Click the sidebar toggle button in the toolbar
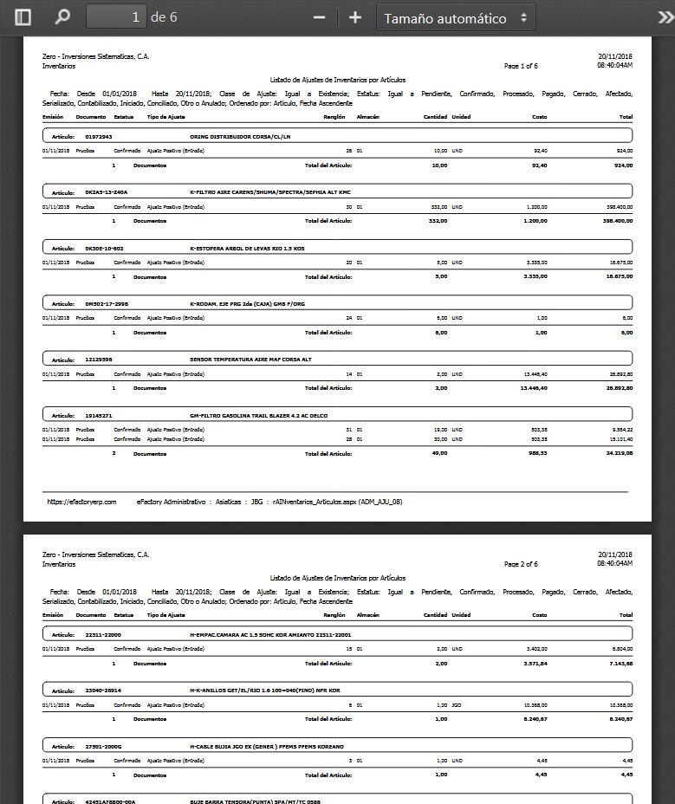(x=23, y=17)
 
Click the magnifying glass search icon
(x=62, y=17)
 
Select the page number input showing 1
(x=116, y=17)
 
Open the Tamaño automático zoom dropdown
(x=456, y=17)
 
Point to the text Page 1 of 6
(x=521, y=66)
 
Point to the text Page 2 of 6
(x=521, y=564)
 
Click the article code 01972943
(x=99, y=137)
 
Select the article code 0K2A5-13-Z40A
(x=107, y=192)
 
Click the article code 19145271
(x=99, y=416)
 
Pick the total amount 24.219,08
(x=619, y=453)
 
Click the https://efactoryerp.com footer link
(x=81, y=502)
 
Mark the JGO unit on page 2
(x=457, y=706)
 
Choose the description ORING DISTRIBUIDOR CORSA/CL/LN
(x=240, y=137)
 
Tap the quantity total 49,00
(x=439, y=453)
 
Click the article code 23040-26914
(x=103, y=691)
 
